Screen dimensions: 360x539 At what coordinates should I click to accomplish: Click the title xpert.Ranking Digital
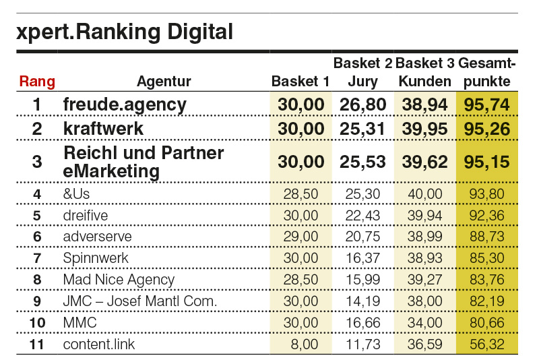click(125, 32)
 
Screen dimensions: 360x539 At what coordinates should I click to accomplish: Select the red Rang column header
click(37, 82)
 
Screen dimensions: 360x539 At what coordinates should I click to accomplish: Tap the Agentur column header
click(164, 82)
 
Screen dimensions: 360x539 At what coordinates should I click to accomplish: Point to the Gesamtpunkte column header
click(486, 73)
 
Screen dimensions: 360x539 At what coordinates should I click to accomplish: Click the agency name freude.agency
click(124, 104)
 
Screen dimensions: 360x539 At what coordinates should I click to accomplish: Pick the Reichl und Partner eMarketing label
click(143, 162)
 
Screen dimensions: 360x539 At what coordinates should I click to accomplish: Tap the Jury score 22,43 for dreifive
click(362, 216)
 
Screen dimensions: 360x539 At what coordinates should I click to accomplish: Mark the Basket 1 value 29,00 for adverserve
click(301, 237)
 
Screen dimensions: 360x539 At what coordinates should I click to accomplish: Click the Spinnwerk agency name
click(96, 258)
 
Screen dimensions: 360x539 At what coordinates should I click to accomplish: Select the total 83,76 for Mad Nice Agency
click(486, 279)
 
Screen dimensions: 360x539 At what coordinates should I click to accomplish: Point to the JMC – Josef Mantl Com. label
click(139, 301)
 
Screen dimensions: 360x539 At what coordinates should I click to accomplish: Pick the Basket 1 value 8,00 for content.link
click(304, 344)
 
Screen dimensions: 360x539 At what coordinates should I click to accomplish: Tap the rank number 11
click(37, 344)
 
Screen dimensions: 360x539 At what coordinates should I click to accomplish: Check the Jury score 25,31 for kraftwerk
click(362, 129)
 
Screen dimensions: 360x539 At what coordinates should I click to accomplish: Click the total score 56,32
click(486, 344)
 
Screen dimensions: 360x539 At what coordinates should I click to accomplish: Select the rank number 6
click(37, 237)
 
